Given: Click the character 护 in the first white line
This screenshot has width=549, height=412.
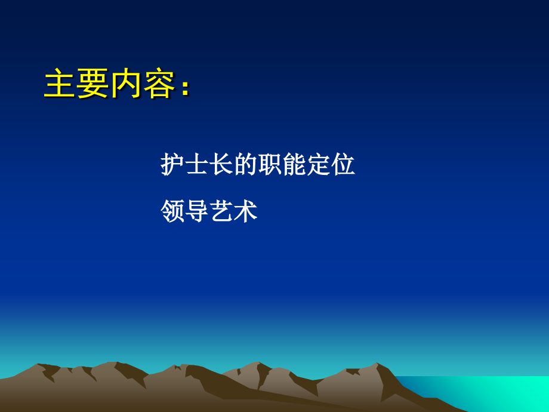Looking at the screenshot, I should coord(173,165).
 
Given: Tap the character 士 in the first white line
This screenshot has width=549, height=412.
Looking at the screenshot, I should coord(198,165).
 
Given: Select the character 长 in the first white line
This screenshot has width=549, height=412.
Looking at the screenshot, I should coord(222,165).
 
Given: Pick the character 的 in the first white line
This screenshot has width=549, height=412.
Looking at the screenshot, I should coord(246,165).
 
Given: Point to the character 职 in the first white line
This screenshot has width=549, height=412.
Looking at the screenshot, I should coord(270,165).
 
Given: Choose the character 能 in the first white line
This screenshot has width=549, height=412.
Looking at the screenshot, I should coord(295,165).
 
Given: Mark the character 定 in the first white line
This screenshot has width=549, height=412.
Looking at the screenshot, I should coord(319,165).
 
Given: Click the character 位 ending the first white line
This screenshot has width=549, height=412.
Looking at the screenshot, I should coord(344,165).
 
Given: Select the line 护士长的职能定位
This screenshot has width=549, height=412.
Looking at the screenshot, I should coord(258,165).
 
